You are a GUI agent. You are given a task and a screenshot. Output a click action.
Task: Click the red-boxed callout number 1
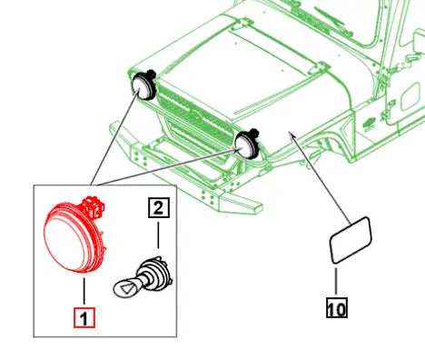[x=84, y=317]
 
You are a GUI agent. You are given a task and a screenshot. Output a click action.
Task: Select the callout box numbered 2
[x=159, y=207]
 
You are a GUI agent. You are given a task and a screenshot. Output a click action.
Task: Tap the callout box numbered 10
[x=337, y=307]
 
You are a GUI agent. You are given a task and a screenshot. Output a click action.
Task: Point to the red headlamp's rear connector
[x=94, y=206]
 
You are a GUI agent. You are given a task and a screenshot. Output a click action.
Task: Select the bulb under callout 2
[x=143, y=277]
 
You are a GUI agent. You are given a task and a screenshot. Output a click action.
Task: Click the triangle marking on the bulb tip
[x=128, y=288]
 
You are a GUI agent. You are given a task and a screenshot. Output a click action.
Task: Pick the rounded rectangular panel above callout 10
[x=351, y=239]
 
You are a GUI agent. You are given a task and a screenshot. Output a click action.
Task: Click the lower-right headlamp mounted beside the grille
[x=247, y=145]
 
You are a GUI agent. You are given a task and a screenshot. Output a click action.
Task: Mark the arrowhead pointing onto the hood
[x=292, y=135]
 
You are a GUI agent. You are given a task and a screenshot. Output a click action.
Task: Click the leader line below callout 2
[x=158, y=235]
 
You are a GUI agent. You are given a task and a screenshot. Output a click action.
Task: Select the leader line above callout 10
[x=336, y=281]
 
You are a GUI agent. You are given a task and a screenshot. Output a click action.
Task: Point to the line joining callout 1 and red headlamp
[x=84, y=291]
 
